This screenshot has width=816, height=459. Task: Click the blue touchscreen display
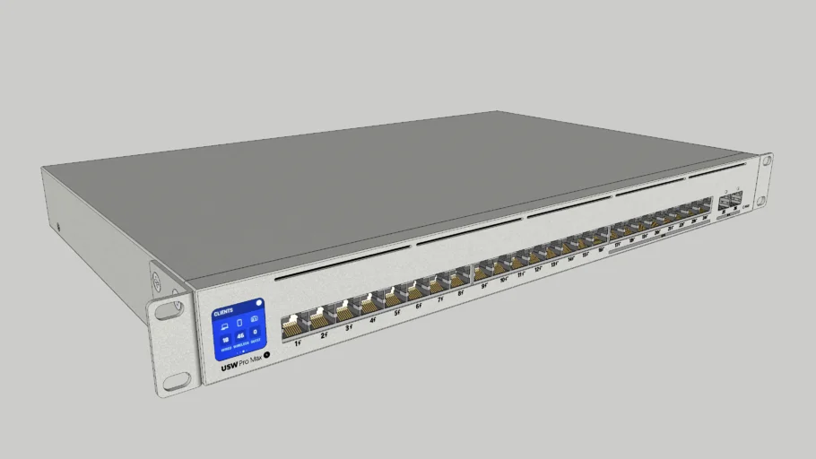[238, 327]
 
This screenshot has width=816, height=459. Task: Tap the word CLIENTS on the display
[223, 311]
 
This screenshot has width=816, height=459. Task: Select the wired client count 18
[225, 336]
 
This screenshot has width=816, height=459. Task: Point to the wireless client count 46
[239, 333]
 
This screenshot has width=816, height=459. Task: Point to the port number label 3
[349, 328]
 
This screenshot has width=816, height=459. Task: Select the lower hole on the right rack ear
[761, 201]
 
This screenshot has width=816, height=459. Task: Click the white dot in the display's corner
[258, 303]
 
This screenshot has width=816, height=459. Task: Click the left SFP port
[724, 204]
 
